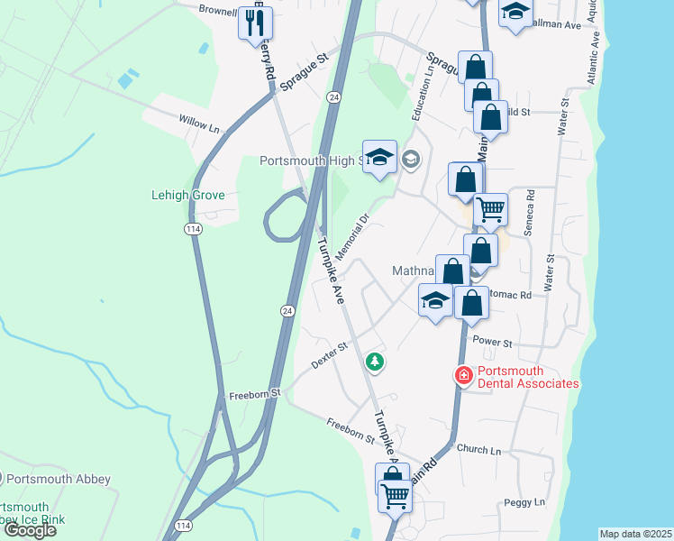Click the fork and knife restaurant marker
253,23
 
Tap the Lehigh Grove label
187,195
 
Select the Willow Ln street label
199,124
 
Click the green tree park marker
375,362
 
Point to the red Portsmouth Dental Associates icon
463,374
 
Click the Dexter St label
330,354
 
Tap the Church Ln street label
478,449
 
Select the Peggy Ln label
527,501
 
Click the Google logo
29,530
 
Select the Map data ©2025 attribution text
636,534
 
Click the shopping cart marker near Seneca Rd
490,210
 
